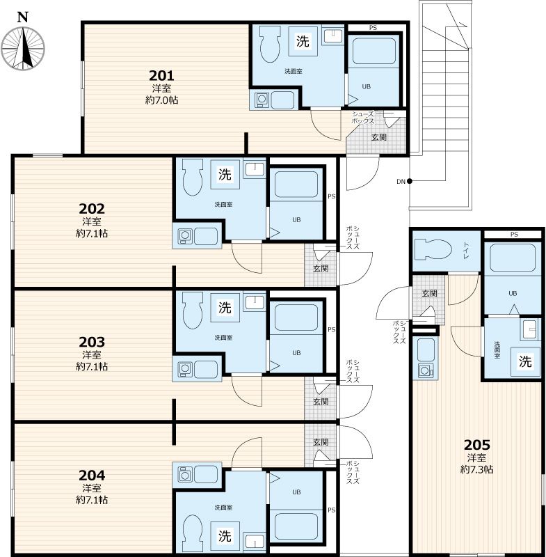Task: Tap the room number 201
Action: tap(161, 76)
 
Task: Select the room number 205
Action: tap(477, 445)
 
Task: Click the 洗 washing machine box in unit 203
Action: tap(225, 308)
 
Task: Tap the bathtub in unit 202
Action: tap(296, 185)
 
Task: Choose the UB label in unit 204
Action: tap(296, 492)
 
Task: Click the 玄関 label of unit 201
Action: tap(379, 137)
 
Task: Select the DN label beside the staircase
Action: tap(401, 182)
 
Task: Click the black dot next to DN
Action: tap(410, 181)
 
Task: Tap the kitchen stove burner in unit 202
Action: tap(184, 235)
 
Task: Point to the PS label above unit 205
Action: tap(514, 235)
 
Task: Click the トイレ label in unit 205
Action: tap(466, 250)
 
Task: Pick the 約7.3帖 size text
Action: tap(477, 469)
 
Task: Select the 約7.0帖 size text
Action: tap(161, 100)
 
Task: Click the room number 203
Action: tap(92, 342)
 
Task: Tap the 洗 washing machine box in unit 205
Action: tap(525, 361)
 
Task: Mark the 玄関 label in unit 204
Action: tap(321, 442)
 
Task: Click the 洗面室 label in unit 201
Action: tap(294, 72)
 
